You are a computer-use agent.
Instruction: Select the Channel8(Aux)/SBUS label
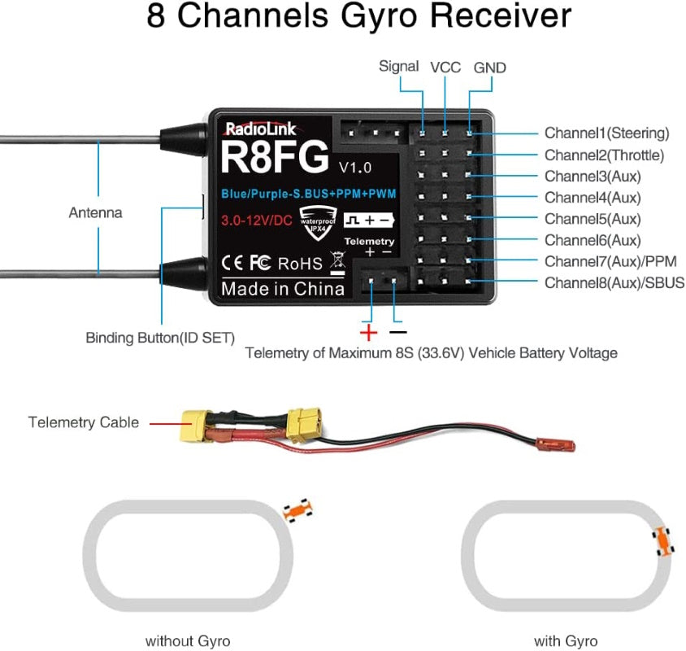click(614, 283)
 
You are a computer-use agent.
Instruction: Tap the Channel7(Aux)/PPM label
click(610, 261)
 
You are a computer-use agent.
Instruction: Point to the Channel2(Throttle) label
click(604, 155)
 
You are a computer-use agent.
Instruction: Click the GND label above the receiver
click(489, 68)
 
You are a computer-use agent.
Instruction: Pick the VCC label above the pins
click(445, 68)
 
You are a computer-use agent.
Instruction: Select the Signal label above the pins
click(399, 67)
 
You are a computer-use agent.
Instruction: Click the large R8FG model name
click(275, 157)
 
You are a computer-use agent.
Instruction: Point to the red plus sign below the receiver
click(369, 332)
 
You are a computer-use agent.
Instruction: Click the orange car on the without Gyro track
click(297, 511)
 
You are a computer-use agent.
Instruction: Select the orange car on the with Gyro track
click(663, 541)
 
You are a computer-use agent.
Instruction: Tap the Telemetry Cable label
click(84, 422)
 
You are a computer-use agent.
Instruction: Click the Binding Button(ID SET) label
click(160, 337)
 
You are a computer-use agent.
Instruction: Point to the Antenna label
click(95, 213)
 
